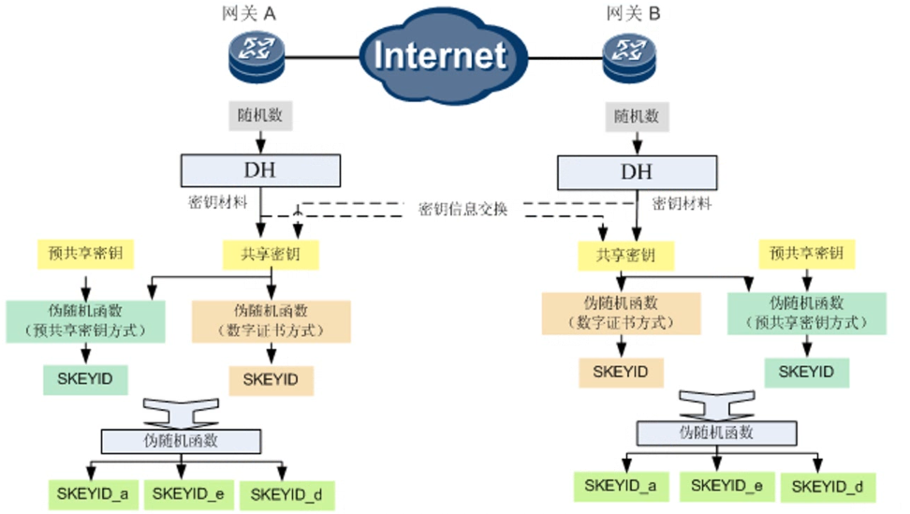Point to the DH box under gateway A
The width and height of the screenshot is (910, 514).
(260, 169)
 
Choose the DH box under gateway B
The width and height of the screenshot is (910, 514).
(637, 172)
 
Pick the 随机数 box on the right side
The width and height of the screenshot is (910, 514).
(637, 116)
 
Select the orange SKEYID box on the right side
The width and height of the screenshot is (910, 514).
(620, 372)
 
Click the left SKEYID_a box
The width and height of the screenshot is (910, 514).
(87, 492)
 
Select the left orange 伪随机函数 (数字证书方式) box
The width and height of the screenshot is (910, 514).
(271, 320)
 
